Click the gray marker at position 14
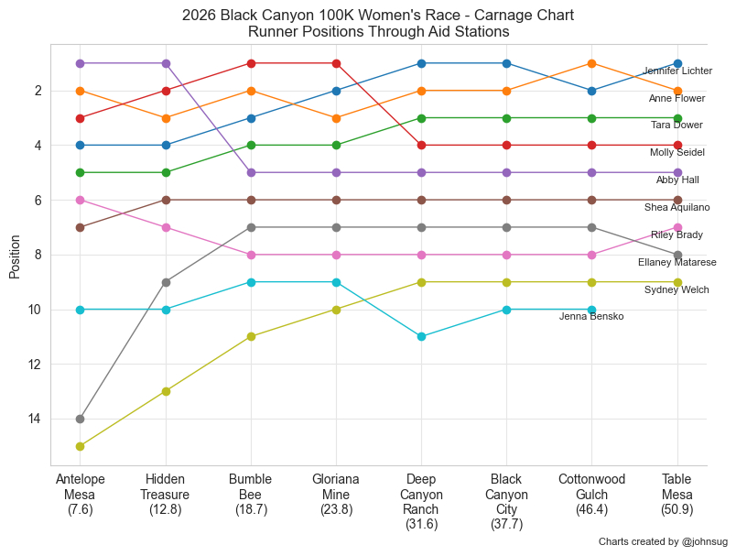[x=81, y=420]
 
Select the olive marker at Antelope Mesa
[x=81, y=447]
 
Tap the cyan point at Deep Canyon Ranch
[x=421, y=337]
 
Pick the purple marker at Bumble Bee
[x=251, y=172]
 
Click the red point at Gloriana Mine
[x=336, y=63]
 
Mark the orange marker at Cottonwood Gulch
[x=592, y=63]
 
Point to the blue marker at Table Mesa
[x=677, y=63]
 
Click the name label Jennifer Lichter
[x=677, y=71]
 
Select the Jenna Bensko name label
[x=591, y=317]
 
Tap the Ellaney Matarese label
[x=677, y=263]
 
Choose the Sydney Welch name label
[x=676, y=290]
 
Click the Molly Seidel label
[x=677, y=153]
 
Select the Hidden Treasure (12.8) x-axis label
[x=166, y=495]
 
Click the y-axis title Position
[x=15, y=255]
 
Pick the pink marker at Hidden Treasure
[x=166, y=227]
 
